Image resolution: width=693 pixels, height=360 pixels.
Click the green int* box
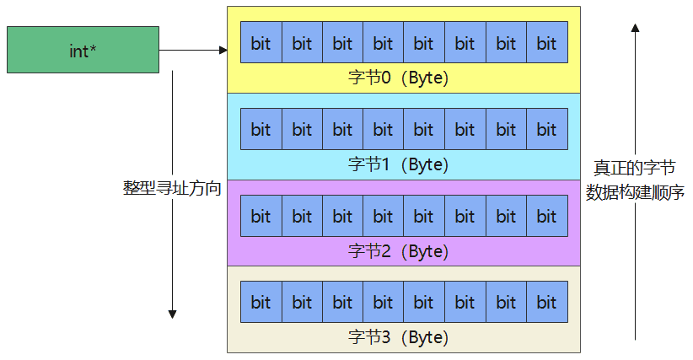[83, 50]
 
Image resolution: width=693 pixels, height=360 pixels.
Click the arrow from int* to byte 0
[193, 50]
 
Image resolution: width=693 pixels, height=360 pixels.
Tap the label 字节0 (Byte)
[398, 78]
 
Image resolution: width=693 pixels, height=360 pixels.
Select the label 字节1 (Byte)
[398, 164]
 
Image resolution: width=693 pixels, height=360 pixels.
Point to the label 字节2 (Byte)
[398, 251]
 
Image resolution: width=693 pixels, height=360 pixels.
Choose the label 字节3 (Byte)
[398, 338]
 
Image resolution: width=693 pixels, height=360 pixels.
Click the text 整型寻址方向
[172, 188]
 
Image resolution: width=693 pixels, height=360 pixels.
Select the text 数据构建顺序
[635, 192]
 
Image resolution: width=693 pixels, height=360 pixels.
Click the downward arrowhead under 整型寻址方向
[172, 313]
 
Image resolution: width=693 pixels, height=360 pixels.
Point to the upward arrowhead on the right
[635, 29]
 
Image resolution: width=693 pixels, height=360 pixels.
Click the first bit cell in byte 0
[261, 43]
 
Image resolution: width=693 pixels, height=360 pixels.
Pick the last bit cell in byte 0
[547, 43]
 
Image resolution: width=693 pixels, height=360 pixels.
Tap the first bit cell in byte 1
[261, 129]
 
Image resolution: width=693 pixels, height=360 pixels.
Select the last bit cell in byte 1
[547, 129]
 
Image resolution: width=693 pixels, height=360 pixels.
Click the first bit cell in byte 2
[261, 216]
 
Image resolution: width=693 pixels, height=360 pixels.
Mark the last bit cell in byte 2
[547, 216]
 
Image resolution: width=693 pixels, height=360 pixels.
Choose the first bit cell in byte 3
[261, 302]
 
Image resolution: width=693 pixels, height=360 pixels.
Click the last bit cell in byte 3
[547, 302]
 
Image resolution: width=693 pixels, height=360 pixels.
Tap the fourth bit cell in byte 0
[384, 43]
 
